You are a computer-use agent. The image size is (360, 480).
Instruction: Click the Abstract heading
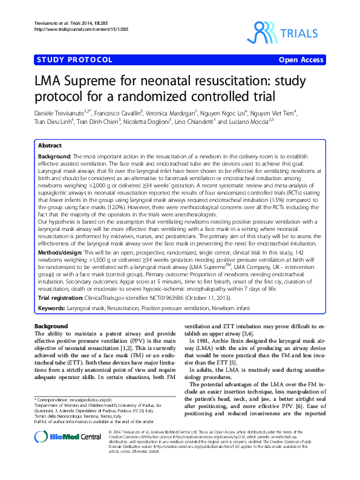pos(50,146)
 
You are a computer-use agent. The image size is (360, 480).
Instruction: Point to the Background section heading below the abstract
pos(51,326)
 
